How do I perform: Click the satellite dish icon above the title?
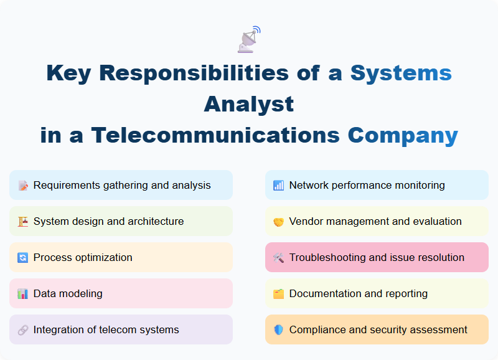(249, 39)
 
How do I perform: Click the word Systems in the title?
(400, 73)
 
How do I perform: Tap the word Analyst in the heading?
(249, 103)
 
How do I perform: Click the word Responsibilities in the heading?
(194, 73)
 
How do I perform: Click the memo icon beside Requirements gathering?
(23, 186)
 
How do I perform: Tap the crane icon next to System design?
(23, 222)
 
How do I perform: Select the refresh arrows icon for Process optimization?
(23, 258)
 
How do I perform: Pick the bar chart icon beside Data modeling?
(23, 294)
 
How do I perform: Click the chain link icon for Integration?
(23, 330)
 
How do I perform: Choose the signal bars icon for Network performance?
(278, 186)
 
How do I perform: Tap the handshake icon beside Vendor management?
(278, 222)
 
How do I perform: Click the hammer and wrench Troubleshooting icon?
(278, 258)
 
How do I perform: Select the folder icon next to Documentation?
(278, 294)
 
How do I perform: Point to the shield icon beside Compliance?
(278, 330)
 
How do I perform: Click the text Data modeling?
(68, 293)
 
